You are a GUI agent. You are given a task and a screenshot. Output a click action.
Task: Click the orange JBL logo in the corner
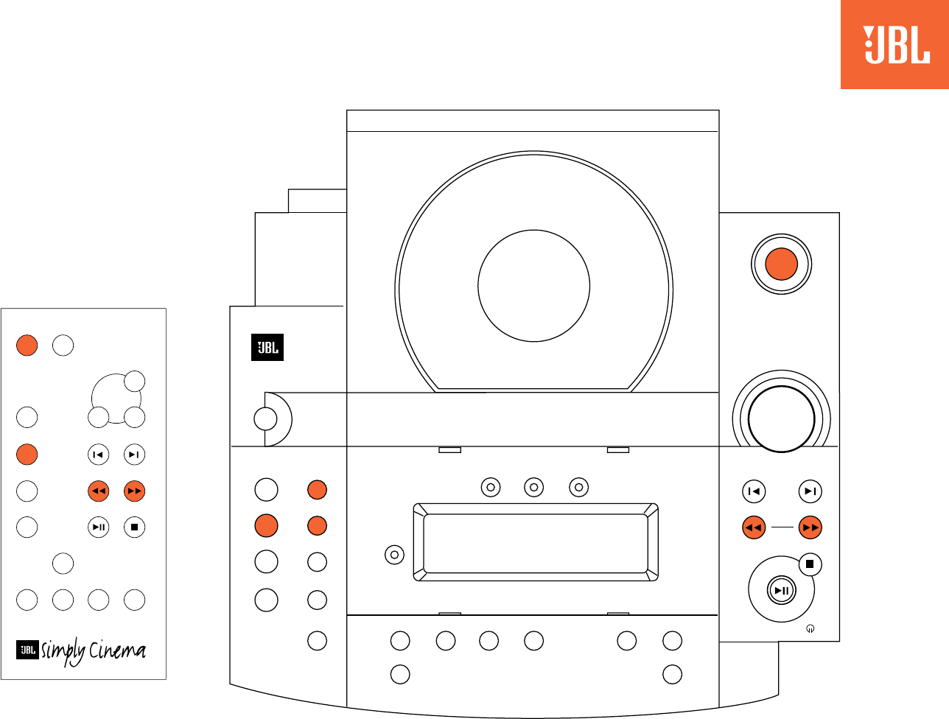pos(894,45)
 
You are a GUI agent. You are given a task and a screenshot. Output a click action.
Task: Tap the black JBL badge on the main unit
pos(267,348)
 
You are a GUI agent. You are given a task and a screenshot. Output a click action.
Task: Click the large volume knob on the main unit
pos(781,418)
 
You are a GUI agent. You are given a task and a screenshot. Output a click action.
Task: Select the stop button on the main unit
pos(810,564)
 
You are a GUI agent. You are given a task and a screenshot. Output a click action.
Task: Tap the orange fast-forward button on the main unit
pos(810,527)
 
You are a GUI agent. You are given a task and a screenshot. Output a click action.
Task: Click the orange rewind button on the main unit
pos(753,527)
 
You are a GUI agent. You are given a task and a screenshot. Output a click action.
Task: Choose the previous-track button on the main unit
pos(753,491)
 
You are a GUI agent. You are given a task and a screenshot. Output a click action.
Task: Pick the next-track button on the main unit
pos(810,491)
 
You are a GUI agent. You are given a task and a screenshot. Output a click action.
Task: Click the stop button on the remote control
pos(134,527)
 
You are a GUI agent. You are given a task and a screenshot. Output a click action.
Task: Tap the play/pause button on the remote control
pos(98,527)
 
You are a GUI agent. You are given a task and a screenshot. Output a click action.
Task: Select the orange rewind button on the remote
pos(98,491)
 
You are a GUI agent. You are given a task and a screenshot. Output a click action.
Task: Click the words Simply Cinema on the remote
pos(94,651)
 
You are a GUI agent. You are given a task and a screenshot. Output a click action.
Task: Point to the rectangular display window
pos(536,543)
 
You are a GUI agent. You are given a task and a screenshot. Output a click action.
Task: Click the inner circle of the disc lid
pos(533,286)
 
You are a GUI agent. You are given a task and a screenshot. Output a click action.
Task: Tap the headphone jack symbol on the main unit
pos(810,629)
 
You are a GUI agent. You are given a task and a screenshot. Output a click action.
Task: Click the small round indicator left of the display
pos(395,555)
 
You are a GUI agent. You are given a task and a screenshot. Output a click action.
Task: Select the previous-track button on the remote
pos(98,455)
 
